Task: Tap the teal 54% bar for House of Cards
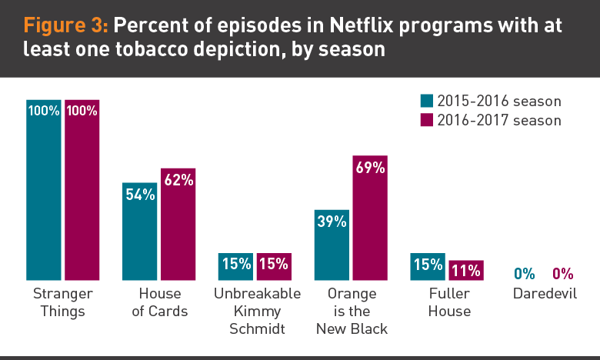point(140,231)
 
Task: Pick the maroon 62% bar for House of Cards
point(178,223)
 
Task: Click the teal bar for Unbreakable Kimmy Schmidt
point(236,266)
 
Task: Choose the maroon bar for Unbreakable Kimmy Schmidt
point(274,266)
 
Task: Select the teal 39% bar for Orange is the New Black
point(332,244)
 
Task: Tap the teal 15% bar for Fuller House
point(427,266)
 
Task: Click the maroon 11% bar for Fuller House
point(465,270)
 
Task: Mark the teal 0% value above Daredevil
point(524,273)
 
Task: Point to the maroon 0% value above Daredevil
point(562,273)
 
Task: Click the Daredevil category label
point(543,294)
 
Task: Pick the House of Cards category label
point(160,302)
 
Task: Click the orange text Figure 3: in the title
point(66,26)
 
